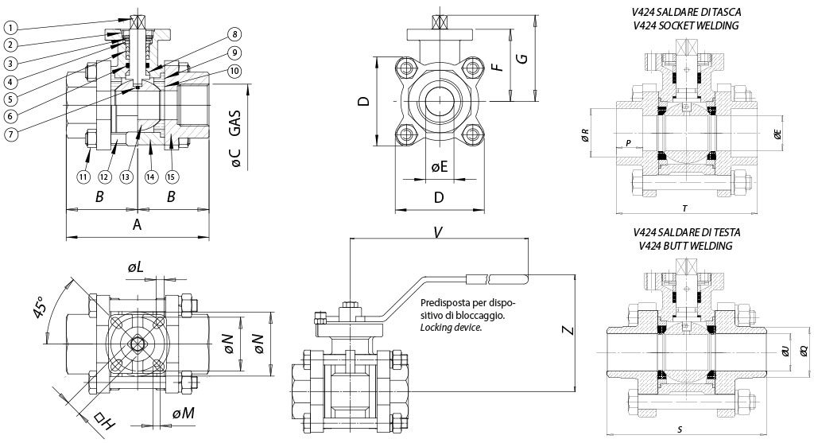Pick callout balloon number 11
[84, 177]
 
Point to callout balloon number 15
[171, 177]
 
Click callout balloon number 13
[128, 177]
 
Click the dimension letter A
[137, 226]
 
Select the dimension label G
[520, 59]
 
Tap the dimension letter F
[498, 64]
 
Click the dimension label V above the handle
[438, 232]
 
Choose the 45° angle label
[41, 308]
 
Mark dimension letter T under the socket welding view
[684, 208]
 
